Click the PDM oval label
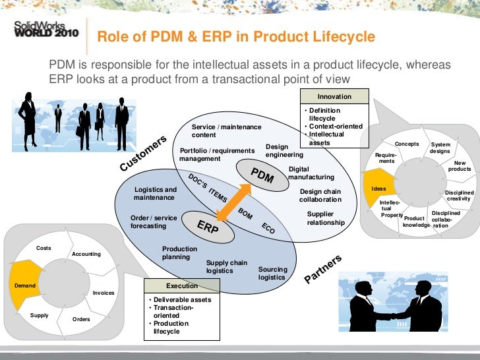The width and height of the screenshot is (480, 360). tap(262, 175)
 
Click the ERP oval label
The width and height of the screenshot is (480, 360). tap(207, 227)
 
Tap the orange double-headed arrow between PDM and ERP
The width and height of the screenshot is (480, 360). tap(235, 200)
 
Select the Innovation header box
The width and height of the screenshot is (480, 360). tap(334, 96)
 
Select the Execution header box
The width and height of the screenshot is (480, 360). tap(181, 286)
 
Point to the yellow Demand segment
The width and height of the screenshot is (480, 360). tap(24, 286)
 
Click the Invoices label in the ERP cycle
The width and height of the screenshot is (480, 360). tap(104, 292)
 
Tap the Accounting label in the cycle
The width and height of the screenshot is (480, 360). tap(86, 254)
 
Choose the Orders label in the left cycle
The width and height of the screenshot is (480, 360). tap(81, 319)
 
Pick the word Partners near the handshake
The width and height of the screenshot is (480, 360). tap(323, 269)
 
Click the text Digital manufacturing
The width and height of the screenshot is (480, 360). tap(311, 173)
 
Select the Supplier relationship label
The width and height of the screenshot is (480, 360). tap(326, 218)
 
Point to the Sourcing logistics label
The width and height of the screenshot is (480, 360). tap(272, 274)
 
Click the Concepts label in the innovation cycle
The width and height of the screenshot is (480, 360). tap(407, 144)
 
